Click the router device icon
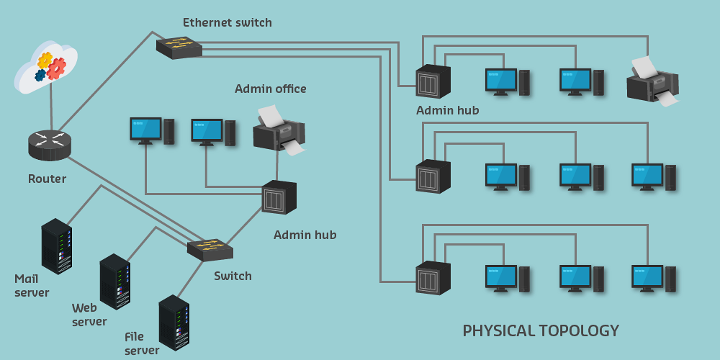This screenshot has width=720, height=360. [x=50, y=145]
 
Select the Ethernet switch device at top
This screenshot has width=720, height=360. [x=179, y=48]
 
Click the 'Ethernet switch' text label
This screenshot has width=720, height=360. [x=228, y=22]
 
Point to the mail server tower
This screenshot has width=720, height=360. [x=56, y=246]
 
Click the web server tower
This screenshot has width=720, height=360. [x=114, y=281]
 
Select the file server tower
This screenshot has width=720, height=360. [x=174, y=322]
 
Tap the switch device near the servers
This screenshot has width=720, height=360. [x=210, y=250]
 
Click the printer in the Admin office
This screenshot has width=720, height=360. [x=279, y=131]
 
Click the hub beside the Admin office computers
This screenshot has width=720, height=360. [x=279, y=197]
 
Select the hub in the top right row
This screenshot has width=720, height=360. [x=433, y=81]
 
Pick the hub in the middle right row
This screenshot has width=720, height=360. [x=433, y=176]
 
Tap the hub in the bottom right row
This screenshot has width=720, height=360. [x=433, y=278]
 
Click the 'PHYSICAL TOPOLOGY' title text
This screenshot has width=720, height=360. [x=540, y=330]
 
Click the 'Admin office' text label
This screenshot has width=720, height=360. [x=270, y=89]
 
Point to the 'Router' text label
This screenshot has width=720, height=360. [x=47, y=179]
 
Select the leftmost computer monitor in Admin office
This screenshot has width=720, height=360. [x=145, y=130]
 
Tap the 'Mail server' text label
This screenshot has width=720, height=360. [x=32, y=285]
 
